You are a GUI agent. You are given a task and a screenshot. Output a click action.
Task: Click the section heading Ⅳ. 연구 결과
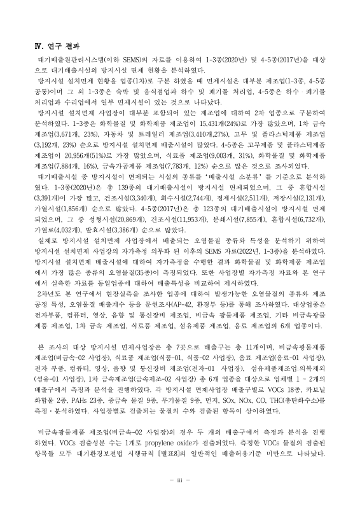[57, 46]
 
